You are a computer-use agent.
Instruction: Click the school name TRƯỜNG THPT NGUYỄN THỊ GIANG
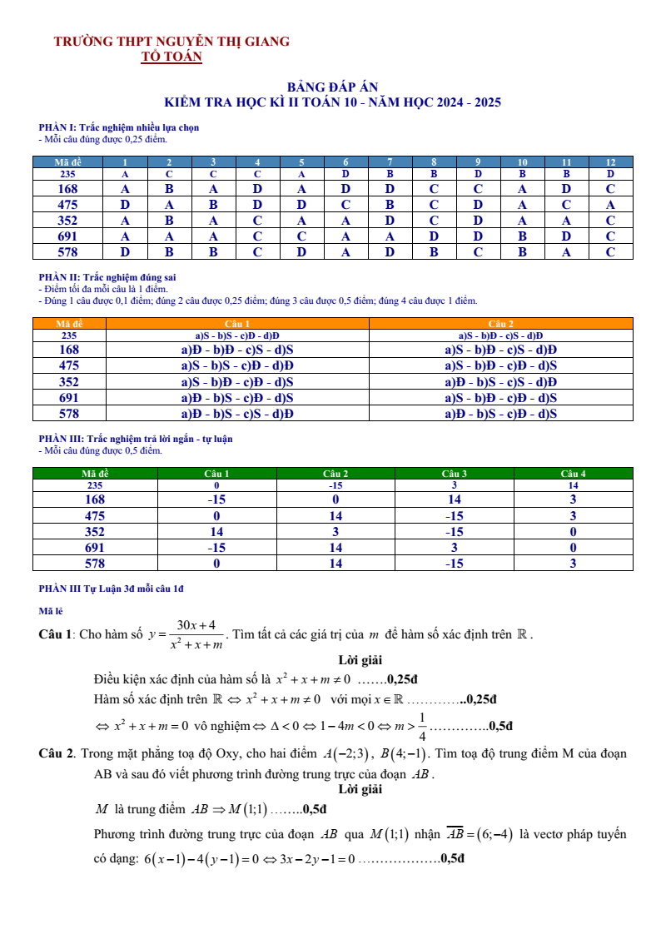click(171, 42)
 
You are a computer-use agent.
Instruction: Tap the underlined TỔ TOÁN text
click(171, 57)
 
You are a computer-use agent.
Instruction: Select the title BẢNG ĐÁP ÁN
click(332, 87)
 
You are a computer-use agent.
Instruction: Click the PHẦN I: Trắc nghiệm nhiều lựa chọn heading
click(119, 127)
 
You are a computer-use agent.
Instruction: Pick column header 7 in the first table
click(390, 162)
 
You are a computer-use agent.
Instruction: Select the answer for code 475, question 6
click(345, 205)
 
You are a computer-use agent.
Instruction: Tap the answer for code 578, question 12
click(610, 252)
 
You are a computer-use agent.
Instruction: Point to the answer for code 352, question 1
click(125, 221)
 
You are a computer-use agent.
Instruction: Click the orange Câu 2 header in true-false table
click(501, 324)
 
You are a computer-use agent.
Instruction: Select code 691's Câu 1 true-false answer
click(237, 398)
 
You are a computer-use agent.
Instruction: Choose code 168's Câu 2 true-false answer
click(501, 350)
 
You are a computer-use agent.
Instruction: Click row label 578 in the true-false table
click(69, 414)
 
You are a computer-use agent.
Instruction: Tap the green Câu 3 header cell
click(455, 474)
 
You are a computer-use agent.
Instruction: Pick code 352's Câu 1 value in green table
click(216, 532)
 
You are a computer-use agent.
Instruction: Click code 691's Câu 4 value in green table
click(573, 548)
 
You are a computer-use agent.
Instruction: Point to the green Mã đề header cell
click(94, 474)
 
